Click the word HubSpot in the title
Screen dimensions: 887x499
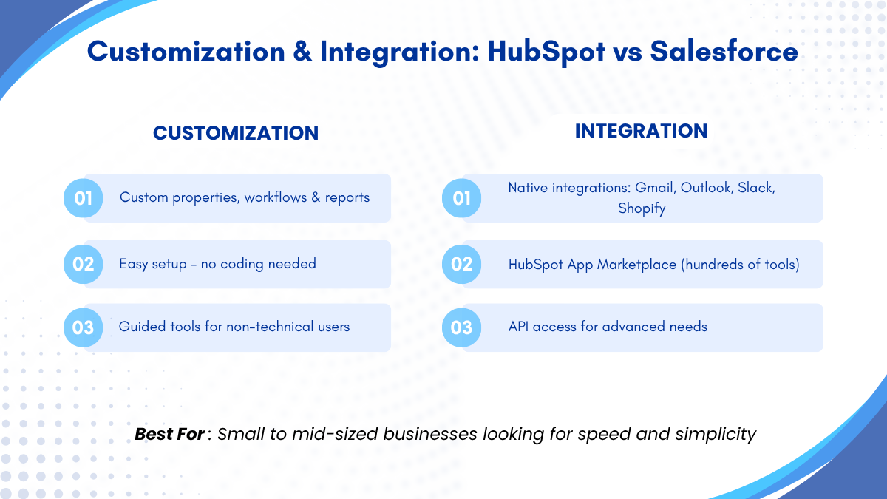click(546, 52)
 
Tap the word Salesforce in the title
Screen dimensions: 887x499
click(724, 52)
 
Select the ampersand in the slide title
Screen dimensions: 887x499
click(302, 52)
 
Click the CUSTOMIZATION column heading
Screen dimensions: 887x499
click(236, 133)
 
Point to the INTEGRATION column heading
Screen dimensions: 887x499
click(641, 131)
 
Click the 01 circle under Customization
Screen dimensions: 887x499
click(83, 198)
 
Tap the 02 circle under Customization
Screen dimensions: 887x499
click(83, 264)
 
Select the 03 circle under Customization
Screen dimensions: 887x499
click(83, 328)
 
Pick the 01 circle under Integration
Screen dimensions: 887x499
click(462, 198)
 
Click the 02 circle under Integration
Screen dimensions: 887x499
click(462, 264)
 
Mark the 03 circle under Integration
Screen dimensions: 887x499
click(462, 328)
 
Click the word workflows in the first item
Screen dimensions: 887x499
click(276, 197)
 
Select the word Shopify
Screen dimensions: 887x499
click(642, 208)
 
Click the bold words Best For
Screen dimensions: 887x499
click(169, 435)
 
